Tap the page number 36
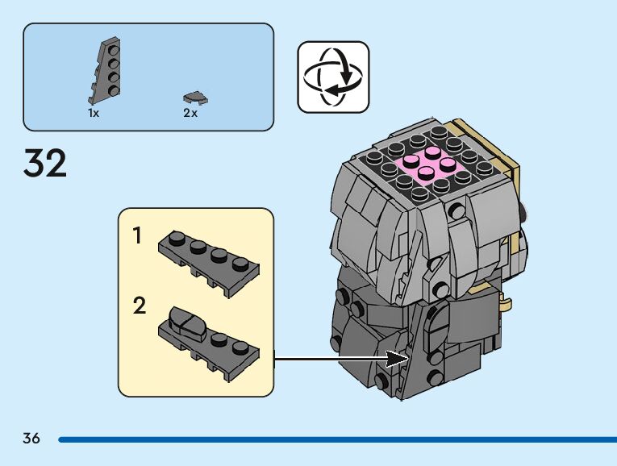[31, 439]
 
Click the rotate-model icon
[333, 77]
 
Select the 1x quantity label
[94, 114]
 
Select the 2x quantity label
[190, 114]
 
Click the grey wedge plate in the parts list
[102, 72]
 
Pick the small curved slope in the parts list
[196, 98]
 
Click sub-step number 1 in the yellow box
[138, 236]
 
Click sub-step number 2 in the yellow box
[140, 306]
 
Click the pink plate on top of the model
[431, 165]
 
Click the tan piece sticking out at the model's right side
[507, 303]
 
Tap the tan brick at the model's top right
[484, 145]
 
